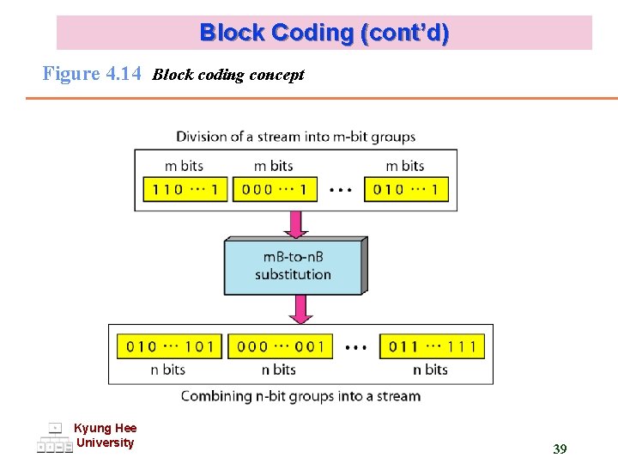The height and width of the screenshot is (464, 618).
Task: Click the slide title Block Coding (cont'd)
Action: (324, 34)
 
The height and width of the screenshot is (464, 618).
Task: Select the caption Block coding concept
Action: (228, 75)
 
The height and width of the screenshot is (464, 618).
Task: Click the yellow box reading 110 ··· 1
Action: (184, 189)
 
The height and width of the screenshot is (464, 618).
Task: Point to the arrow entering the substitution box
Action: (295, 224)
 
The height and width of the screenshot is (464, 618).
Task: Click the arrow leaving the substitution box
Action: (300, 308)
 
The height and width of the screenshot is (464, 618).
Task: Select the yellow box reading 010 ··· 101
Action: (169, 346)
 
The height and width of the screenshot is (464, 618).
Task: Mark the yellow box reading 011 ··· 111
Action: (432, 346)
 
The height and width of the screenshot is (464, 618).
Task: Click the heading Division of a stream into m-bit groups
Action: (295, 137)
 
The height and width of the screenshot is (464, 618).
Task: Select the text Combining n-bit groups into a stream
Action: (300, 396)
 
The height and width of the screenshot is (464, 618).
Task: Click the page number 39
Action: (560, 449)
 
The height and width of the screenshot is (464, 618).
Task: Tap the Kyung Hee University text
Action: (105, 436)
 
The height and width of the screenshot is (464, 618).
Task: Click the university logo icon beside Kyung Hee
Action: (54, 438)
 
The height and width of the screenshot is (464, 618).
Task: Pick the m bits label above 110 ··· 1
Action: (184, 166)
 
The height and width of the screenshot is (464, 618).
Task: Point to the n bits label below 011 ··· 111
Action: (430, 369)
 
